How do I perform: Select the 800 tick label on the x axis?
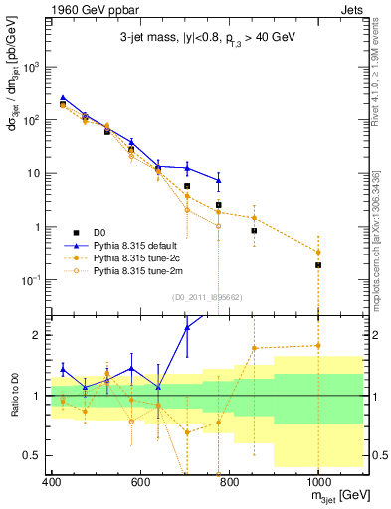pyautogui.click(x=229, y=480)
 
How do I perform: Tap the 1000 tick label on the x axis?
pyautogui.click(x=317, y=480)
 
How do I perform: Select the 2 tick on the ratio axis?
pyautogui.click(x=39, y=335)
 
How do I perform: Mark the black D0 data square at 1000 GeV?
pyautogui.click(x=318, y=265)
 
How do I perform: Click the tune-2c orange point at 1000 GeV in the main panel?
pyautogui.click(x=318, y=252)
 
